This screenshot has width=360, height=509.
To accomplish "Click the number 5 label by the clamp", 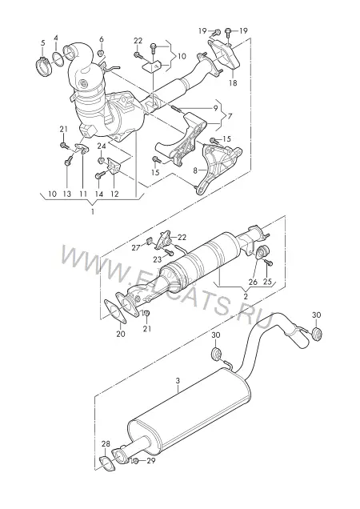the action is [42, 42].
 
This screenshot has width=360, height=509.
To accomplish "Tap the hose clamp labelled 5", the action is [42, 66].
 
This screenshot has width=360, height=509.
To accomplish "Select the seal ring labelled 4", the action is [58, 58].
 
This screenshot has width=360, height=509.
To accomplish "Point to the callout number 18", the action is [233, 82].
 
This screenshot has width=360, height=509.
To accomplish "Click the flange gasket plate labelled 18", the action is [224, 55].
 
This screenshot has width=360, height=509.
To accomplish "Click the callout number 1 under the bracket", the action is [93, 211].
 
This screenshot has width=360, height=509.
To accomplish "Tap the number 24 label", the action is [102, 146].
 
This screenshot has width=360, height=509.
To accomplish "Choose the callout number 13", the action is [66, 194].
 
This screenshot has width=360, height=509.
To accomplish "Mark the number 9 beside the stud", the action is [215, 108].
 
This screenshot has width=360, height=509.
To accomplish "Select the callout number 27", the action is [136, 248].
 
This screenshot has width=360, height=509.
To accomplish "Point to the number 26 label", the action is [253, 282].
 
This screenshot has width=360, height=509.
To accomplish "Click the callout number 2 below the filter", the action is [246, 296].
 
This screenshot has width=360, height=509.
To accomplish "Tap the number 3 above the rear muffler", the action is [178, 380].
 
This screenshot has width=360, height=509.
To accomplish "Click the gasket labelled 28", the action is [106, 463].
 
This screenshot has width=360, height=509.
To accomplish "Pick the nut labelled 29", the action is [136, 460].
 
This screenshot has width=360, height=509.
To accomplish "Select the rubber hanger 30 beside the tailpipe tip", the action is [316, 334].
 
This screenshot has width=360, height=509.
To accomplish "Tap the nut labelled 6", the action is [101, 53].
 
